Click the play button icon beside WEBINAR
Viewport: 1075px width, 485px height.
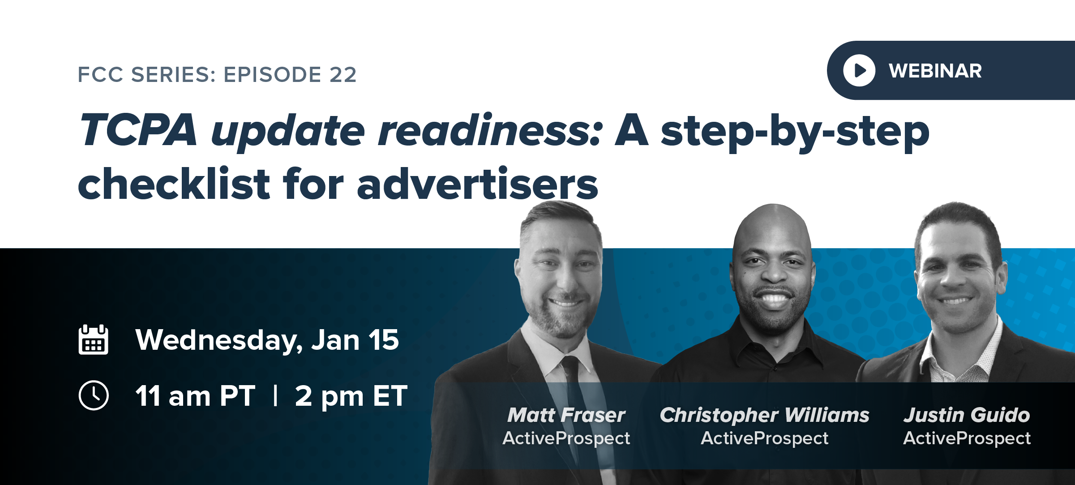tap(859, 70)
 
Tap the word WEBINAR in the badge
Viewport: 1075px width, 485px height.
tap(935, 71)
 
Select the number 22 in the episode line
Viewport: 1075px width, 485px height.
tap(343, 74)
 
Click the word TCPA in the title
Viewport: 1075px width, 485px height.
tap(138, 130)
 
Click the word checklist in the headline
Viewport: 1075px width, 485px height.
tap(174, 184)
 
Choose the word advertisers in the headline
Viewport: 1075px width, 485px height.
tap(477, 184)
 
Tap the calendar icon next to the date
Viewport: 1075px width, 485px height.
tap(93, 340)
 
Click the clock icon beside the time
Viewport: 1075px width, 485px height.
tap(93, 395)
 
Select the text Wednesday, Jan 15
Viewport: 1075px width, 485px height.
tap(267, 340)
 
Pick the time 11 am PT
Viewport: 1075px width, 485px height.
tap(195, 396)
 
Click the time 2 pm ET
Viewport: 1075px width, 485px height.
tap(351, 396)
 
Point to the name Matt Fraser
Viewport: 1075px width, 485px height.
tap(566, 415)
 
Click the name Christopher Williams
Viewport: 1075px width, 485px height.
tap(764, 415)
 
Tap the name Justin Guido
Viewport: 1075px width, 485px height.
tap(967, 415)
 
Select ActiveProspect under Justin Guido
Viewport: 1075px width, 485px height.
tap(967, 438)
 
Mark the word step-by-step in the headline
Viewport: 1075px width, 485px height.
tap(795, 131)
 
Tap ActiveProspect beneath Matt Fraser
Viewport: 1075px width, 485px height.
tap(566, 438)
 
